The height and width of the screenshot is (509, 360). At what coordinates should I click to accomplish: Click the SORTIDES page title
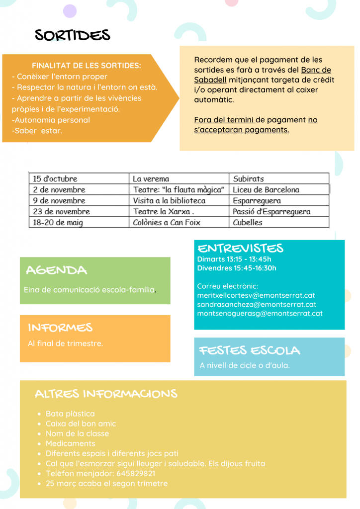73,35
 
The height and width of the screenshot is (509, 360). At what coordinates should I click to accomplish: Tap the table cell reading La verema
151,178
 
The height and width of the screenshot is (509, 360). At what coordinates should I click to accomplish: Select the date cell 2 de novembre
59,189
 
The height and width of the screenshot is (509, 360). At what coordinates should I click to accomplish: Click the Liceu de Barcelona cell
266,189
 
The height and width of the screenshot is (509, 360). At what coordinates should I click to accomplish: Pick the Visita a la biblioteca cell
169,201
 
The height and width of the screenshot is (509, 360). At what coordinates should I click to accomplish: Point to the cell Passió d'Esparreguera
271,212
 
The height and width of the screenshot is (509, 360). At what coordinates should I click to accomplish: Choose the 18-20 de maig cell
58,223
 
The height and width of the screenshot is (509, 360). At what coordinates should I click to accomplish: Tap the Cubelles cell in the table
248,223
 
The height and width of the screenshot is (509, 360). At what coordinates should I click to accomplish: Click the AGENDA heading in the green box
56,270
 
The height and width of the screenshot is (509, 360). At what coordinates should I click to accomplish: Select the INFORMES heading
60,328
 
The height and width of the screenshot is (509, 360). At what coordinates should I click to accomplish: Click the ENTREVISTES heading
240,249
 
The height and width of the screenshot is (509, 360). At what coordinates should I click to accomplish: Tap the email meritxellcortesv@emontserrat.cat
256,295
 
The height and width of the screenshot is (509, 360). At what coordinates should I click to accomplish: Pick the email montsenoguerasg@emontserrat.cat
260,314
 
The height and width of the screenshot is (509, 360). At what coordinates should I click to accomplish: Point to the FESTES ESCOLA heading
250,350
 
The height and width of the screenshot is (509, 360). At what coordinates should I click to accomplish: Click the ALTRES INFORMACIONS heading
106,394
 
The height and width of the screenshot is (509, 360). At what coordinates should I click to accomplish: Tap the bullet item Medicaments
70,443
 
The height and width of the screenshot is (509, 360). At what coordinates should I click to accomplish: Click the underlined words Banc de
316,70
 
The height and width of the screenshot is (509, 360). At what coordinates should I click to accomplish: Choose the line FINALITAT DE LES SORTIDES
86,66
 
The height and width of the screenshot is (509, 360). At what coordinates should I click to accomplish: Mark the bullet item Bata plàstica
70,414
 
